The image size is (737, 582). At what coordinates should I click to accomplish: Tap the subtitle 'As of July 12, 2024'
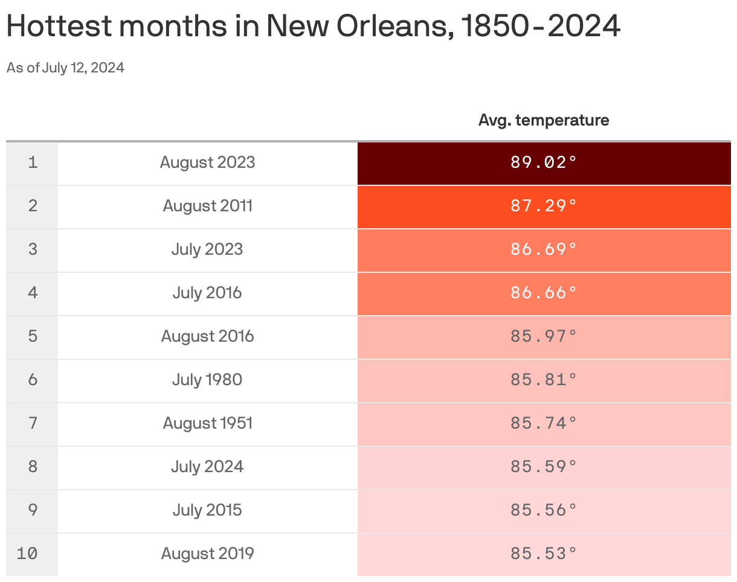(x=65, y=68)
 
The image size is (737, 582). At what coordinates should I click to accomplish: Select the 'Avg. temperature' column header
(x=544, y=120)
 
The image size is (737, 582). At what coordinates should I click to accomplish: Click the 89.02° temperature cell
(x=544, y=162)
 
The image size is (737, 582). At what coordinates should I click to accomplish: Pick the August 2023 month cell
(x=207, y=162)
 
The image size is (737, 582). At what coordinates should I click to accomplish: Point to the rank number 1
(x=33, y=162)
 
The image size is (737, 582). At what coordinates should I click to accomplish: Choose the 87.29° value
(x=544, y=206)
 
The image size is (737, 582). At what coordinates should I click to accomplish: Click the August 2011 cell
(x=207, y=206)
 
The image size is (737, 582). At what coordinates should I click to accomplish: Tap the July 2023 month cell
(x=207, y=249)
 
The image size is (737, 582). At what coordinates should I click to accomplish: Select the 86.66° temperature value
(x=544, y=293)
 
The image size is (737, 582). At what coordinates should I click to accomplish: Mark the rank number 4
(x=33, y=293)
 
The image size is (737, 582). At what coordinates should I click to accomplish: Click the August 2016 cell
(x=207, y=336)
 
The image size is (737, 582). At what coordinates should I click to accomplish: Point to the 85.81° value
(x=544, y=380)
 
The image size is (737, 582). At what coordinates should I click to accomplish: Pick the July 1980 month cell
(x=207, y=380)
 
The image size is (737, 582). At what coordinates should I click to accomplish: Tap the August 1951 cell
(x=207, y=423)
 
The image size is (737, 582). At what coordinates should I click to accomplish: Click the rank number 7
(x=33, y=423)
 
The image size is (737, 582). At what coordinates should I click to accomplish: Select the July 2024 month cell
(x=207, y=467)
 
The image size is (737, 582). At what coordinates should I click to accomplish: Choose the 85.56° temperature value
(x=544, y=510)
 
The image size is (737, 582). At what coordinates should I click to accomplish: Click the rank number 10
(x=27, y=554)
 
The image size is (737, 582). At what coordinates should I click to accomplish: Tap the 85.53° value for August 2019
(x=544, y=554)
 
